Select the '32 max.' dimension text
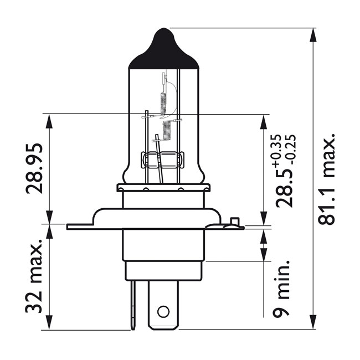coord(34,277)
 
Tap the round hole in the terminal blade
coord(163,311)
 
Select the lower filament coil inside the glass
coord(166,131)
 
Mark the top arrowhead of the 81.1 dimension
coord(313,33)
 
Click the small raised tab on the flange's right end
coord(234,223)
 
